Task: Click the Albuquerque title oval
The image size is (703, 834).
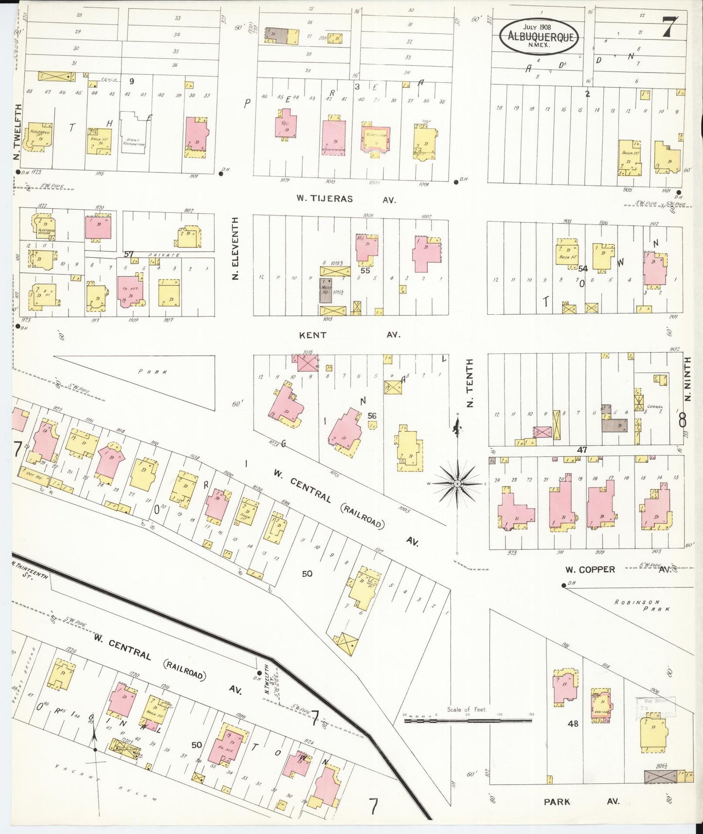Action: [x=539, y=36]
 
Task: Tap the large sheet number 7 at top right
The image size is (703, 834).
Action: [x=669, y=27]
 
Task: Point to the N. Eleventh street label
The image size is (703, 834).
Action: [x=236, y=248]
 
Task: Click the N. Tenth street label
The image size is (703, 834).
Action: [x=469, y=383]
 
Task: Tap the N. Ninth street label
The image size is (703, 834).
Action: [x=687, y=379]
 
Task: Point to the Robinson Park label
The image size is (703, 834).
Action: [x=642, y=605]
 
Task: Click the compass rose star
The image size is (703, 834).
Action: [x=457, y=484]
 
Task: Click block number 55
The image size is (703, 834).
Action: [x=365, y=271]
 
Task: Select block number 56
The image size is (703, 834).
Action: [x=372, y=416]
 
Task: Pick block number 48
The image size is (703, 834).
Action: [x=573, y=724]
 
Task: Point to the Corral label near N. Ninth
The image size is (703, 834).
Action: [x=655, y=406]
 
